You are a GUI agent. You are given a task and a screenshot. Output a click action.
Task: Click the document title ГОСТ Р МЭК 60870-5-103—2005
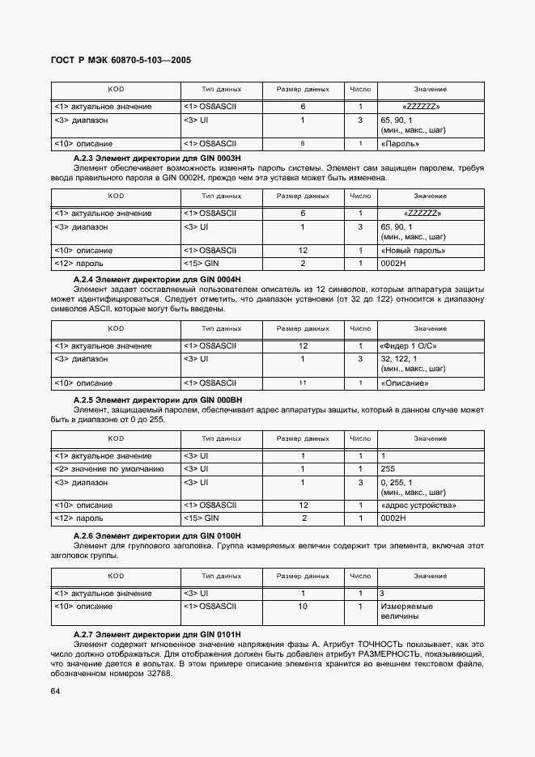(121, 61)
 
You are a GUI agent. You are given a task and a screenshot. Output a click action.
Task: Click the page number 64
(55, 690)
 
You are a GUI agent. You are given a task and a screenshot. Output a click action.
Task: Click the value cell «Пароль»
(400, 144)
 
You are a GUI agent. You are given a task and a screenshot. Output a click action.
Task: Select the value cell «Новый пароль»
(409, 251)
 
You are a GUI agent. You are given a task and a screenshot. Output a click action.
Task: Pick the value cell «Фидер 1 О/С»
(414, 346)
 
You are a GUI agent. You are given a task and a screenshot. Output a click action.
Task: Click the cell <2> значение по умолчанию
(109, 468)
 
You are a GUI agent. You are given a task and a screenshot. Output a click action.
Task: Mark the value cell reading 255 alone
(388, 468)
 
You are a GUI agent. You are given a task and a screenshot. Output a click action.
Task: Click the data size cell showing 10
(303, 606)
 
